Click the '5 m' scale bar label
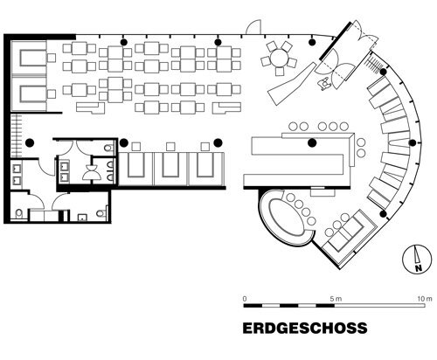[x=333, y=298]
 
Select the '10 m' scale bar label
[x=424, y=298]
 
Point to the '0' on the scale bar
[x=245, y=298]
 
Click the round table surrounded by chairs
[x=280, y=59]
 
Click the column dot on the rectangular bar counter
[x=312, y=142]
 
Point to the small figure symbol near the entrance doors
[x=327, y=83]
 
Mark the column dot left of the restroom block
[x=29, y=142]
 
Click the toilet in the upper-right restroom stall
[x=107, y=149]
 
